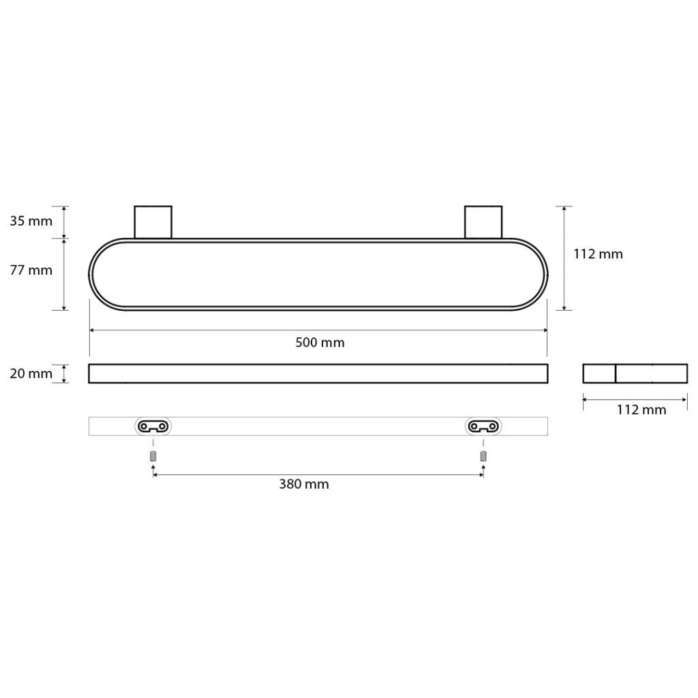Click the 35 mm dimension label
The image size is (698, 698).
[x=31, y=221]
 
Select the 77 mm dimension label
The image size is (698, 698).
[x=31, y=270]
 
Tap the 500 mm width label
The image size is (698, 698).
[x=320, y=342]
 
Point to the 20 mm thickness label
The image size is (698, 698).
[x=31, y=374]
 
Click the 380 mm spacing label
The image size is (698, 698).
[x=304, y=484]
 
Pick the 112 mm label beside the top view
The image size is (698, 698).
[x=598, y=254]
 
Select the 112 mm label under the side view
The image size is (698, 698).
[x=641, y=410]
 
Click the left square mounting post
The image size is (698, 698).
[x=153, y=222]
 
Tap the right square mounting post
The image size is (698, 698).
[x=483, y=222]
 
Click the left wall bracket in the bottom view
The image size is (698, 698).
[x=153, y=427]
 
